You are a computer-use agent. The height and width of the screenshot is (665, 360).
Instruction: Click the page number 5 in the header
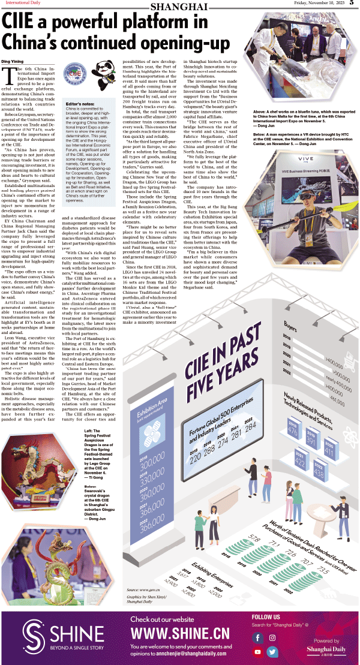click(353, 4)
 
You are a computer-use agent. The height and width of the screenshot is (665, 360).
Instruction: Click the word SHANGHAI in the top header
click(179, 6)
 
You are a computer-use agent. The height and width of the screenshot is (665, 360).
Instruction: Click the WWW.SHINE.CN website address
click(180, 633)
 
